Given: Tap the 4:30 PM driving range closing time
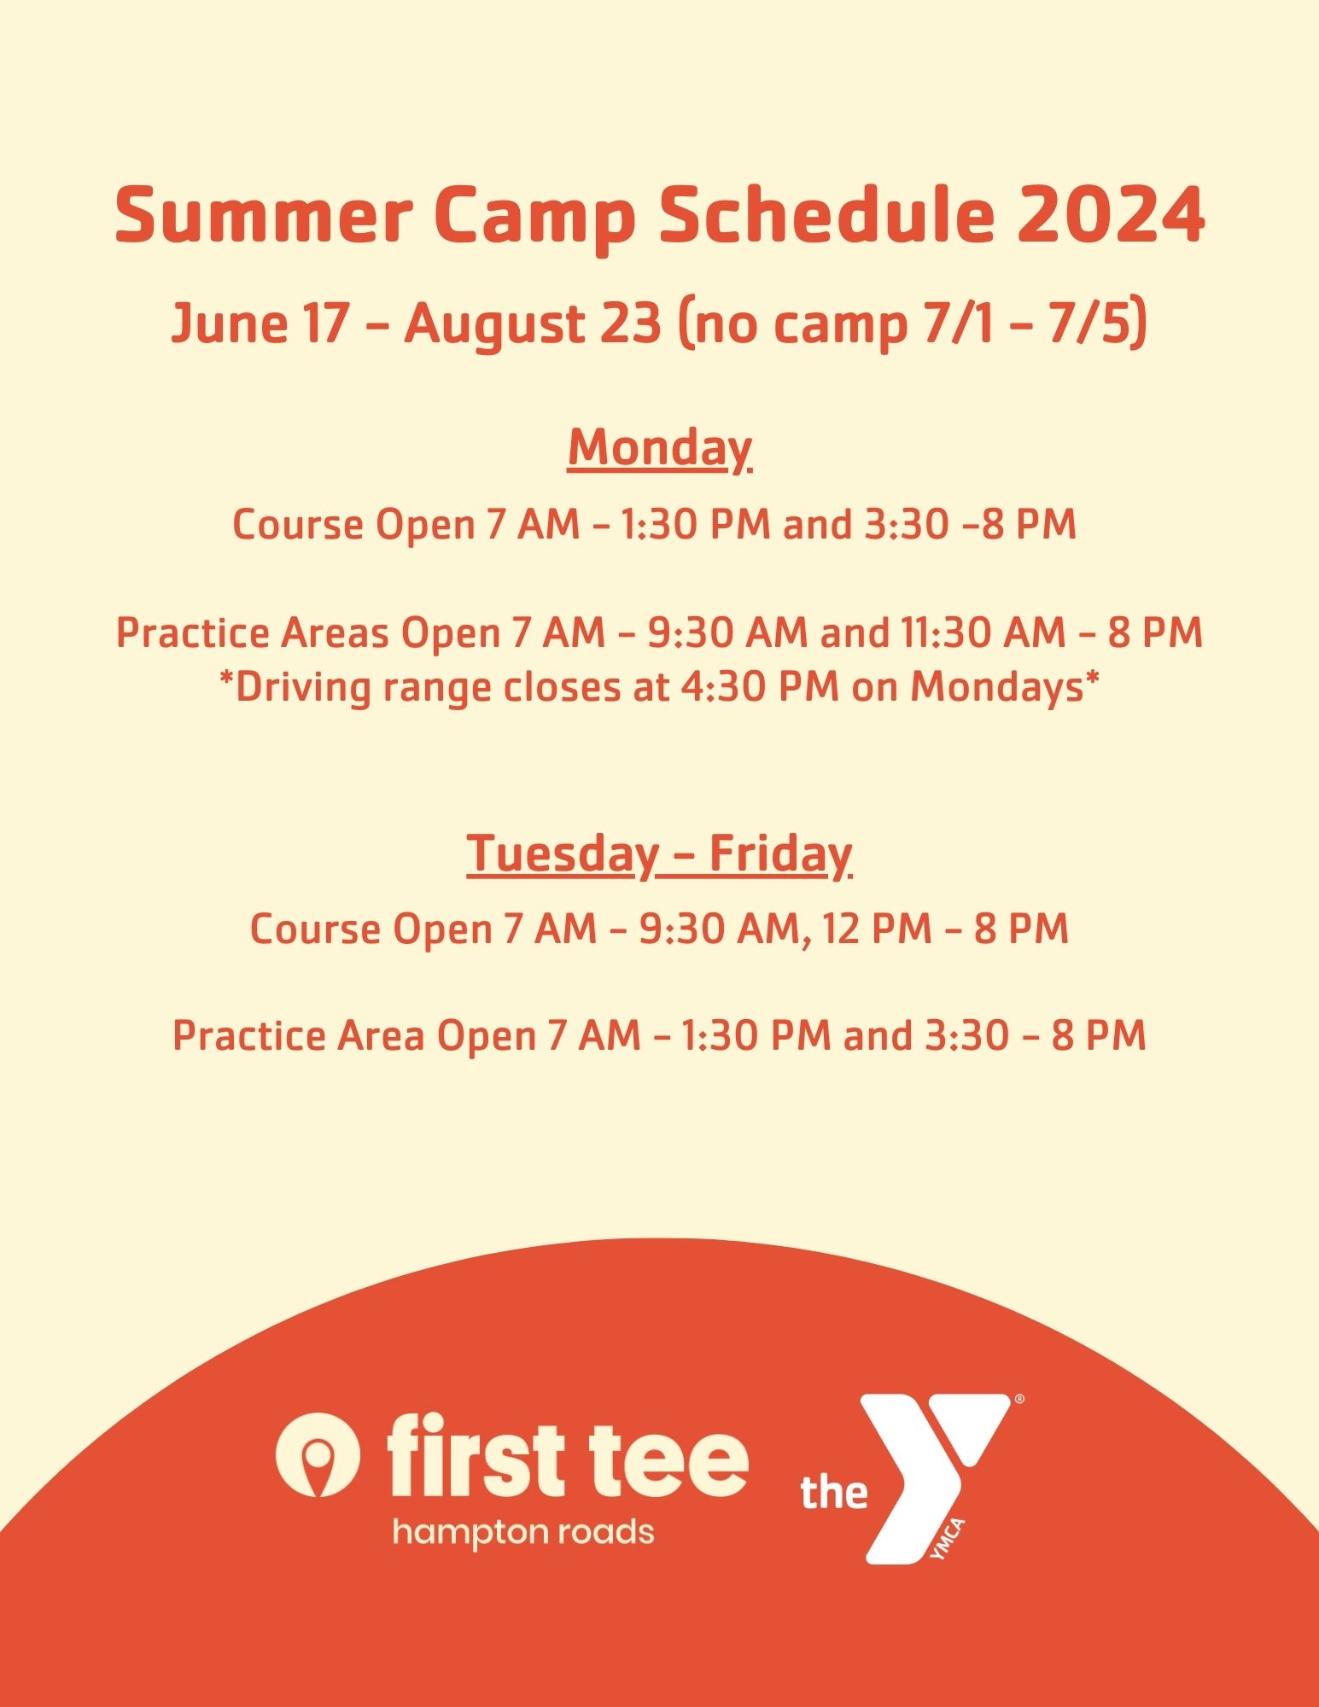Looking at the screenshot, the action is [x=760, y=686].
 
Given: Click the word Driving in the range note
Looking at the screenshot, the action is [x=303, y=688].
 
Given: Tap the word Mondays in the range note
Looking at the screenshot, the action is [x=996, y=688].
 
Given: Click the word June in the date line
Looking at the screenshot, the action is [x=228, y=325].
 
